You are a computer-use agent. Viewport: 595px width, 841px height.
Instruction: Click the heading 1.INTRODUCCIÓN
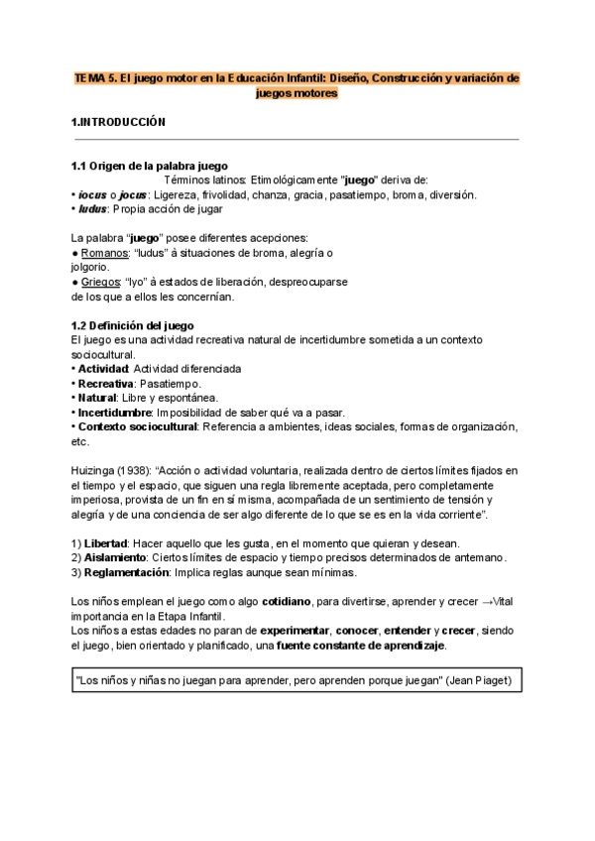tap(118, 122)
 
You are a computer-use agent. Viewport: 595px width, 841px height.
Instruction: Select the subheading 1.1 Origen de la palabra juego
tap(150, 166)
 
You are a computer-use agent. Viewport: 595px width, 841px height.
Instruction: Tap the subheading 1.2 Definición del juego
tap(133, 325)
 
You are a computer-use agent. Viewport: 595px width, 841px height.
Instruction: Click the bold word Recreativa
tap(108, 383)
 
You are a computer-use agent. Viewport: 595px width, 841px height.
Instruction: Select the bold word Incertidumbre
tap(118, 412)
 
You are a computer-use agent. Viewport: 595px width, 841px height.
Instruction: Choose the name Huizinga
tap(95, 469)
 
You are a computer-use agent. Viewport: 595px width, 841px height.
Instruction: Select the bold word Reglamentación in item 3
tap(127, 572)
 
